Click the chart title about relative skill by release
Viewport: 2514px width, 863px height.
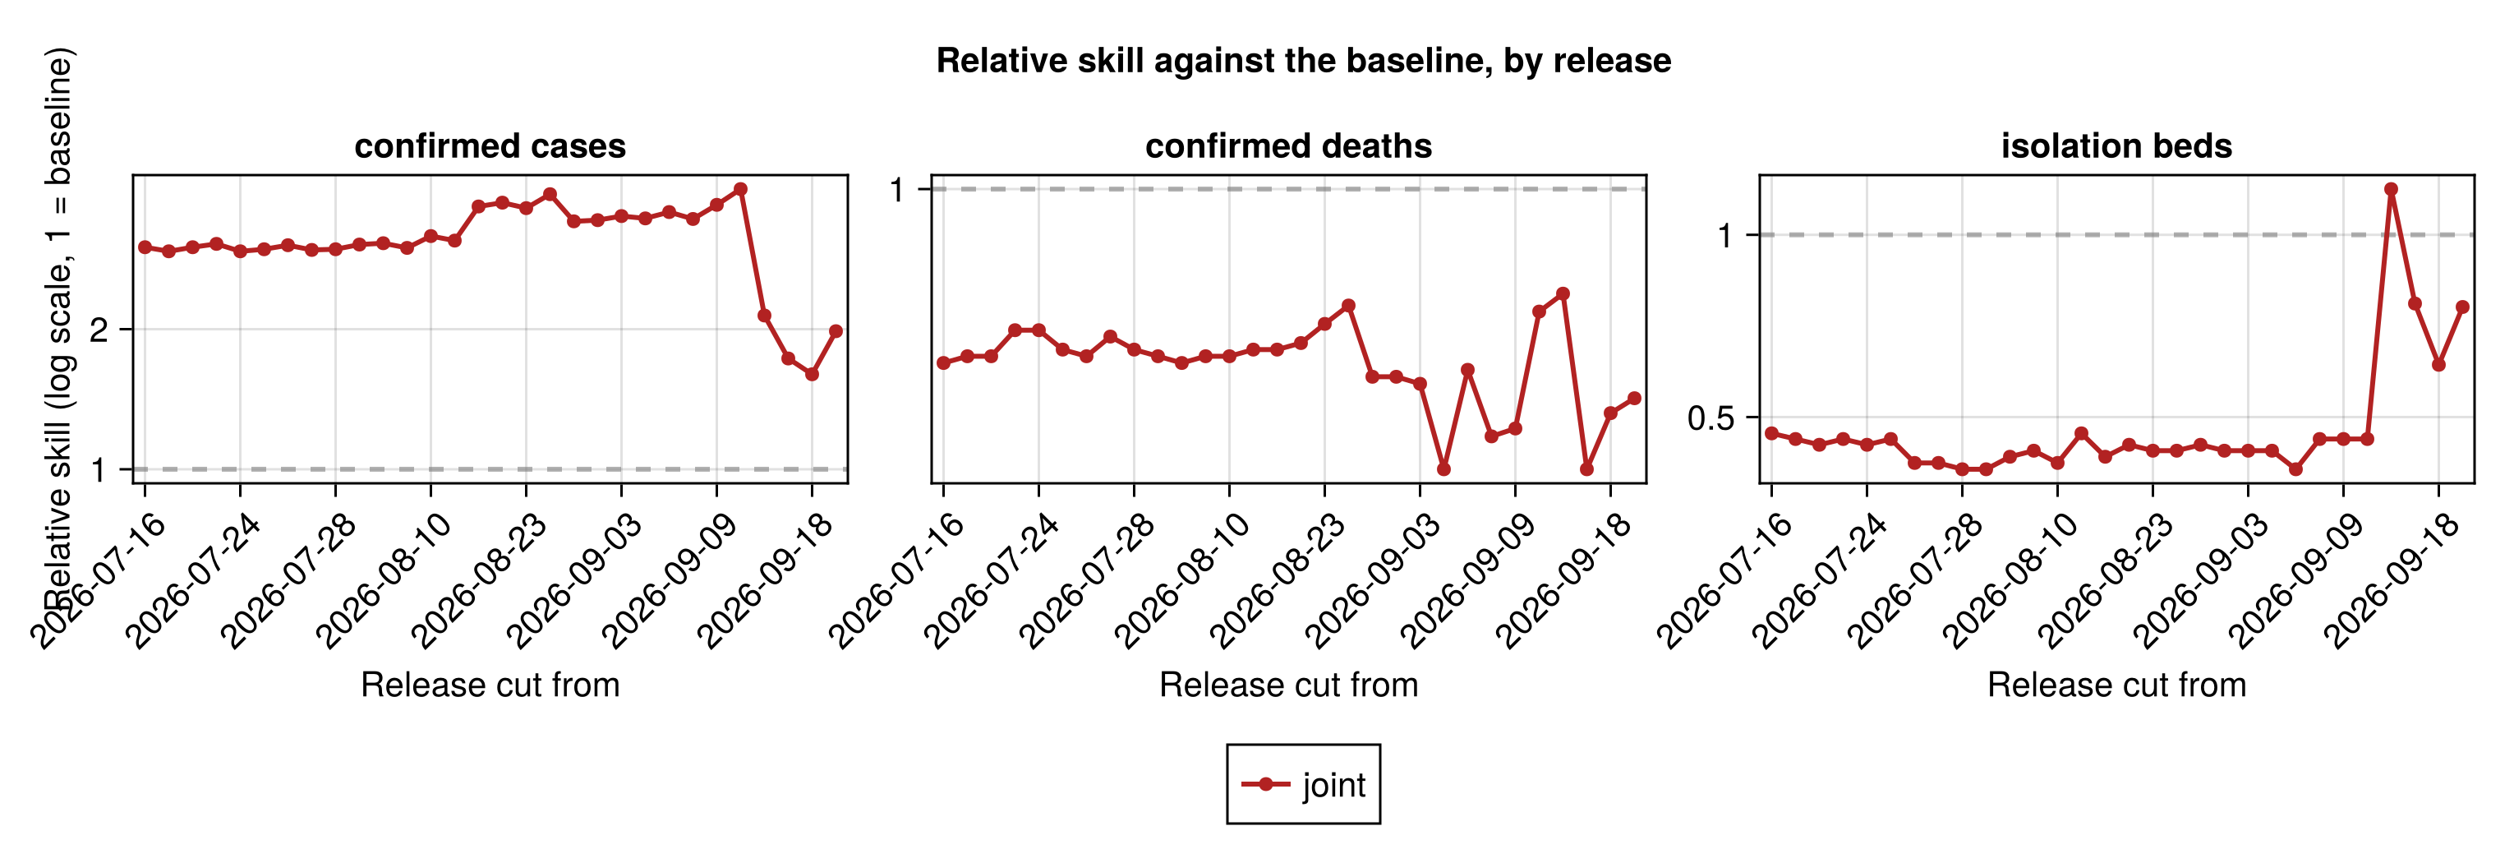1304,61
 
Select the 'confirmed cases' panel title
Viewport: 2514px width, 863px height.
490,145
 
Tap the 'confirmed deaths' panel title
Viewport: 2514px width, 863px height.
1288,145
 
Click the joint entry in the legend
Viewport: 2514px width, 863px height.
1304,784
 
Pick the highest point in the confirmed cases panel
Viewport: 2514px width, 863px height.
741,189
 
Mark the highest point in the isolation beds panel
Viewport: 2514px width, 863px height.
2391,189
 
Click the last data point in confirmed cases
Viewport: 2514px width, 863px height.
836,331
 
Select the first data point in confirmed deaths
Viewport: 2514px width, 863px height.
943,363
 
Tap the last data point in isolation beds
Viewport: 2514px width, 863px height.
2462,307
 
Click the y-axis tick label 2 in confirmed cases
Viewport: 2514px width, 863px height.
99,330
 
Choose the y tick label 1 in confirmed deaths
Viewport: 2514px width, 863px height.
898,189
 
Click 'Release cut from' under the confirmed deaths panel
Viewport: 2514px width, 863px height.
1288,685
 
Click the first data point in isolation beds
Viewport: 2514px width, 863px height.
1771,433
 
